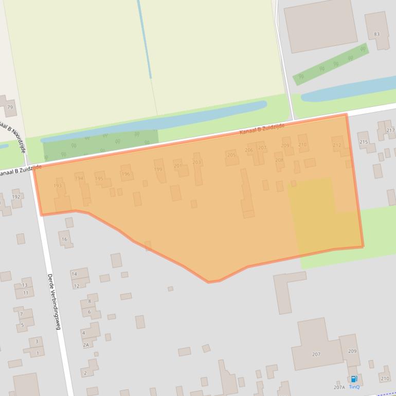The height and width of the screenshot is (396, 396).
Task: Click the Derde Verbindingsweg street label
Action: pyautogui.click(x=54, y=301)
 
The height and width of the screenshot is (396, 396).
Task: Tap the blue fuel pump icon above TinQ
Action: pyautogui.click(x=354, y=379)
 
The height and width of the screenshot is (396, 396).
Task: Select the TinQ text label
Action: pyautogui.click(x=354, y=387)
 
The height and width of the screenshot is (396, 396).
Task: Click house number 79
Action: pyautogui.click(x=10, y=107)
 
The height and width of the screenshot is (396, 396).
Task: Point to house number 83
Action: pyautogui.click(x=377, y=34)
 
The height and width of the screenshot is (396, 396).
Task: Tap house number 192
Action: pyautogui.click(x=15, y=196)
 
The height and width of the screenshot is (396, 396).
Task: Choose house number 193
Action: pyautogui.click(x=58, y=186)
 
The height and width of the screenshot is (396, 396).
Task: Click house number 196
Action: pyautogui.click(x=125, y=174)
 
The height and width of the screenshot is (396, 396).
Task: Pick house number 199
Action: pyautogui.click(x=158, y=169)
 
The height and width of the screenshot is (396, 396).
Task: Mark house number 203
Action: pyautogui.click(x=196, y=162)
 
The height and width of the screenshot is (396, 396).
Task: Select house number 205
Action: pyautogui.click(x=231, y=155)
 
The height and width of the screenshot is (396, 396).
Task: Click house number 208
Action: pyautogui.click(x=279, y=160)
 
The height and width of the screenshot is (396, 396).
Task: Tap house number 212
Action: pyautogui.click(x=337, y=146)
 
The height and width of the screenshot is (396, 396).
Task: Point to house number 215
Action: pyautogui.click(x=363, y=141)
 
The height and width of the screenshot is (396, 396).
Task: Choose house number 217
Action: pyautogui.click(x=390, y=130)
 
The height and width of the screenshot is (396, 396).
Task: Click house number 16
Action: pyautogui.click(x=64, y=239)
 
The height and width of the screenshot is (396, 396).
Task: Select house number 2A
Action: pyautogui.click(x=86, y=345)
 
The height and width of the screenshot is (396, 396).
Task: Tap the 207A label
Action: pyautogui.click(x=339, y=387)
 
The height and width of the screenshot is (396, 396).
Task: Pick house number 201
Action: pyautogui.click(x=177, y=166)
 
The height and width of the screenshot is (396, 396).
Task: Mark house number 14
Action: pyautogui.click(x=74, y=274)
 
